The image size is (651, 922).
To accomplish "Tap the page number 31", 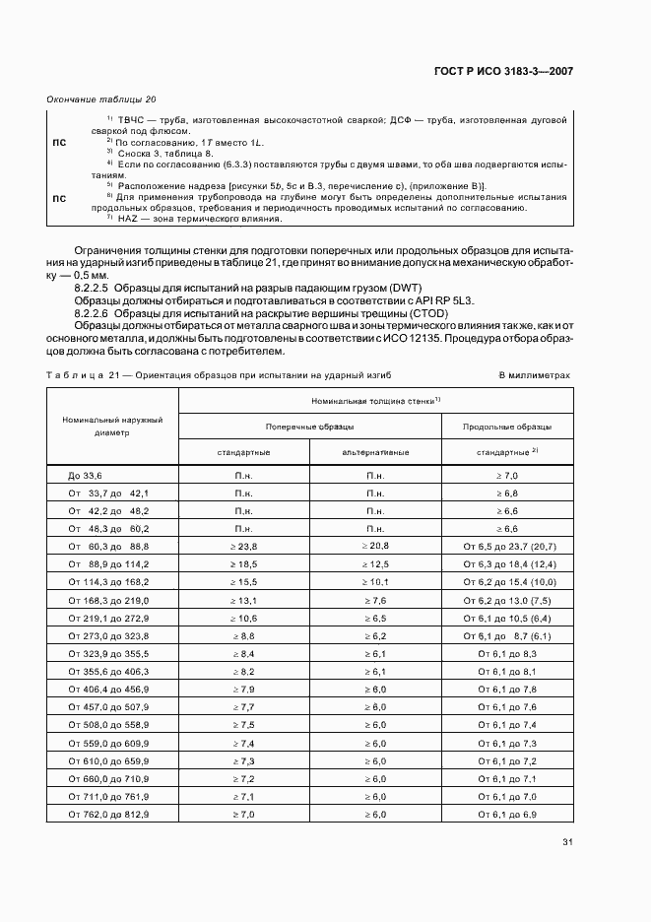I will click(567, 841).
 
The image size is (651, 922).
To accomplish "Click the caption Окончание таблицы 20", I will click(101, 99).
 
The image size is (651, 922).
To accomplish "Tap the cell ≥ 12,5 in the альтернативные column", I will click(375, 565).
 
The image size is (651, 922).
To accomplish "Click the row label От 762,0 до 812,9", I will click(108, 815).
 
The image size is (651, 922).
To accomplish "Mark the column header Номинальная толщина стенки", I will click(375, 401).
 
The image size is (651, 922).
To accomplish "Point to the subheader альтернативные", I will click(375, 452).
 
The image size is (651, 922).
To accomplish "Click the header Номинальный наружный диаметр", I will click(112, 426).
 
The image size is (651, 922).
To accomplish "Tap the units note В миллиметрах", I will click(534, 375).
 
